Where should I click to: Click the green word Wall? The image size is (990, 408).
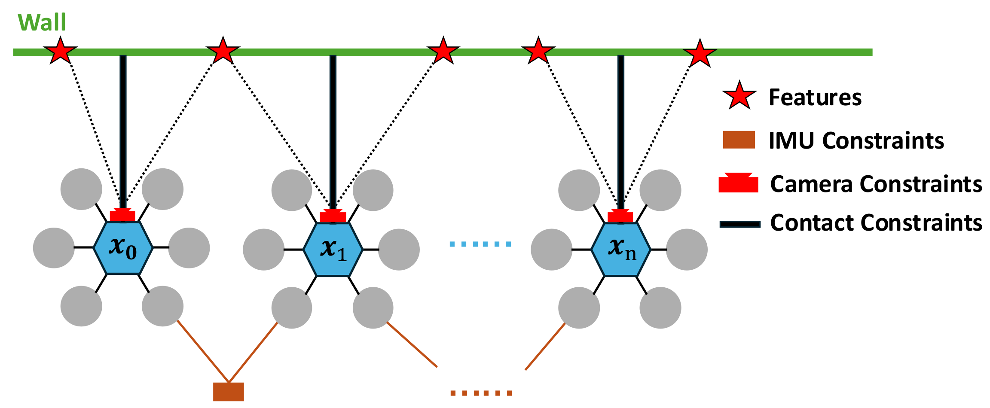click(x=42, y=22)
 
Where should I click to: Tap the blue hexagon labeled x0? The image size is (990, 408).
click(x=123, y=248)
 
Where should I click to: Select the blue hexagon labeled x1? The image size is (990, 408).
click(x=333, y=249)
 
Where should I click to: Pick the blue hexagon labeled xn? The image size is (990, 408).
click(x=620, y=249)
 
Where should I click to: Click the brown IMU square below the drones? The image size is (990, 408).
click(x=229, y=392)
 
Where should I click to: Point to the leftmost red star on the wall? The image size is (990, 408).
click(x=61, y=51)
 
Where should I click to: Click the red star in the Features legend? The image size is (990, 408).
click(x=739, y=95)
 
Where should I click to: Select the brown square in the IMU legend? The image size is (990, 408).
click(x=739, y=140)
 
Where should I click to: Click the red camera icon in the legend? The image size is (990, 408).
click(x=738, y=183)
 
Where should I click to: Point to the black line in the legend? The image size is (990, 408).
click(x=740, y=224)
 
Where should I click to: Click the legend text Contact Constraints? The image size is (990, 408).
click(x=876, y=223)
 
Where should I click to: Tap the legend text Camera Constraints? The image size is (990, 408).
click(x=876, y=184)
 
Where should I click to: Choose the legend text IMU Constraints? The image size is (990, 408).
click(x=856, y=140)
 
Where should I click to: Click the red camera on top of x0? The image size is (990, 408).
click(x=122, y=215)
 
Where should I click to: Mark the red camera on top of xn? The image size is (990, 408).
click(x=620, y=216)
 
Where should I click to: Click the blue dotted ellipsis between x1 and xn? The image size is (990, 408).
click(x=480, y=244)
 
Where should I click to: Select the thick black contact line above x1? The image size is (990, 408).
click(x=333, y=129)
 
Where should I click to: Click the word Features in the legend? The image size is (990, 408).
click(x=815, y=97)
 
